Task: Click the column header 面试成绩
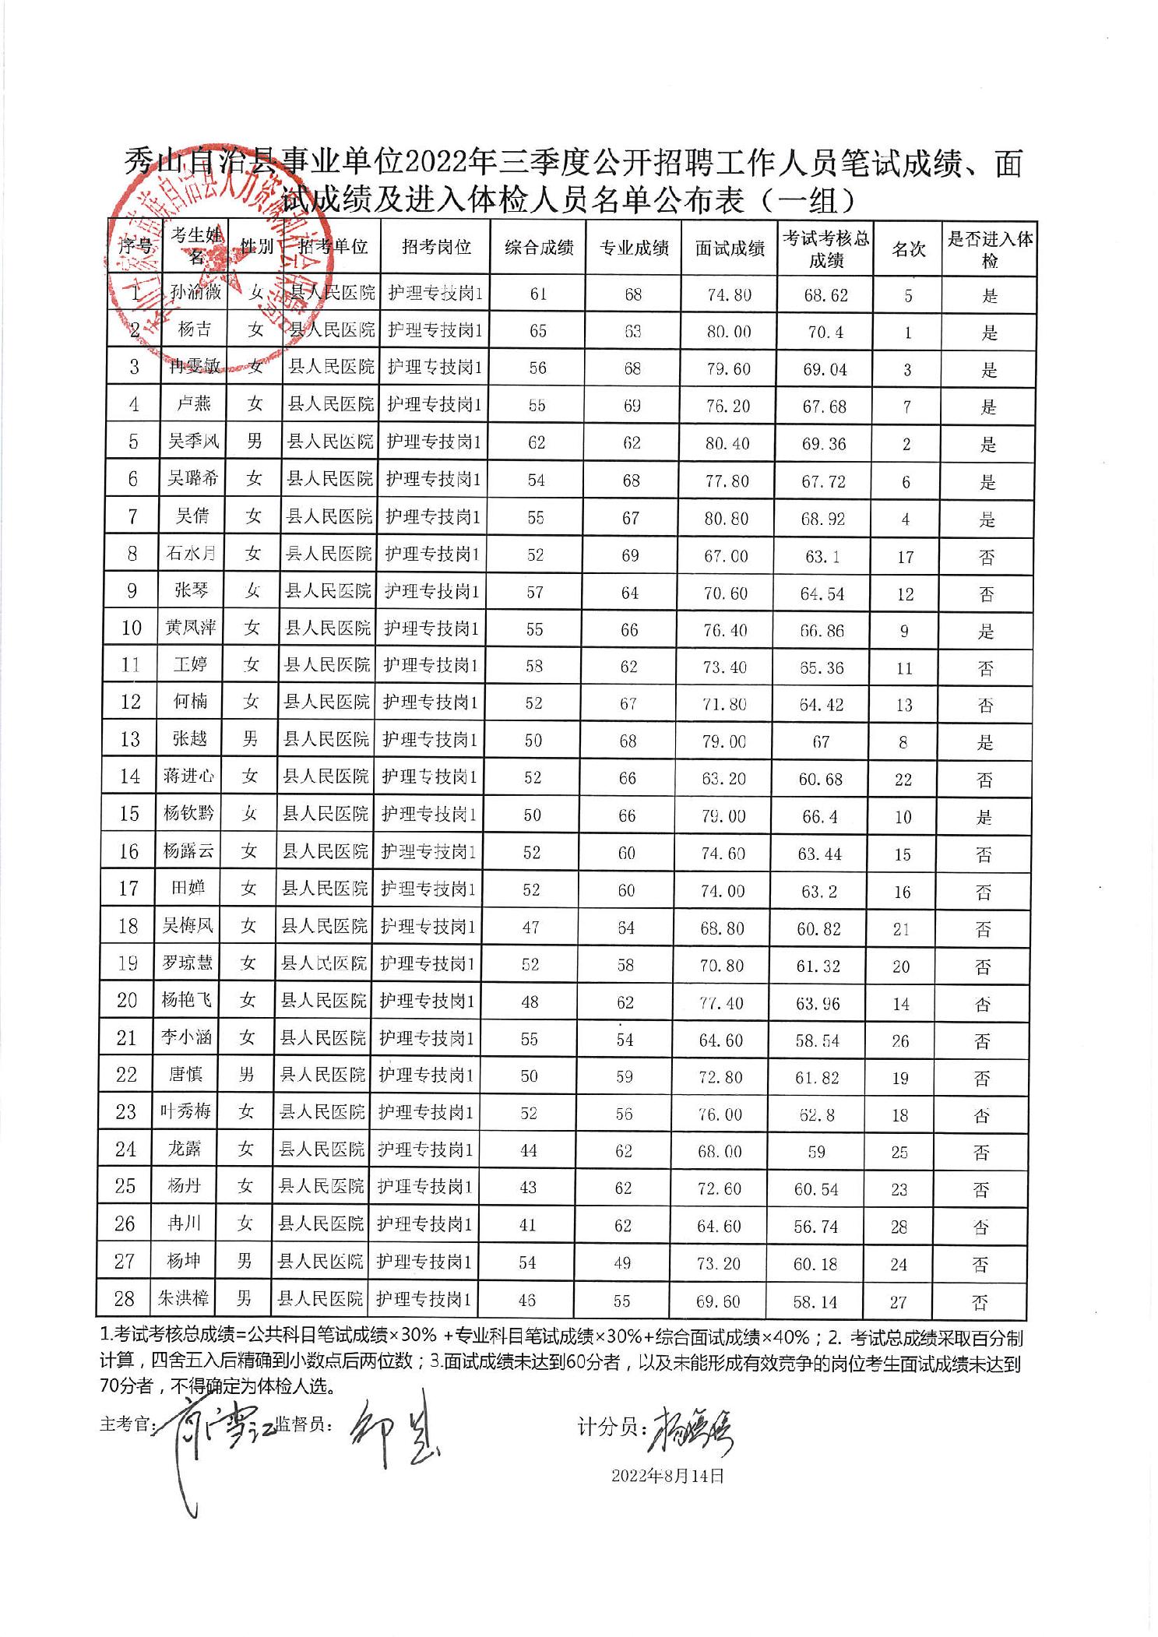click(729, 248)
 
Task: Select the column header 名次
click(908, 249)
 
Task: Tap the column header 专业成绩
click(634, 248)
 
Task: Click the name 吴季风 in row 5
click(194, 442)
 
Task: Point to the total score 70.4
click(825, 333)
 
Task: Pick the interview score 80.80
click(727, 518)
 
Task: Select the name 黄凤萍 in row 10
click(190, 627)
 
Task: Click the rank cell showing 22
click(903, 780)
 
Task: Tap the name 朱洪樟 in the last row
click(184, 1298)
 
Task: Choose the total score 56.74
click(816, 1227)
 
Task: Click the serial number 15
click(128, 814)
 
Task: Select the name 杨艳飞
click(187, 1000)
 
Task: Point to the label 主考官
click(126, 1424)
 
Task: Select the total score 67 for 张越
click(821, 741)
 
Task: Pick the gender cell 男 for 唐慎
click(247, 1075)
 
